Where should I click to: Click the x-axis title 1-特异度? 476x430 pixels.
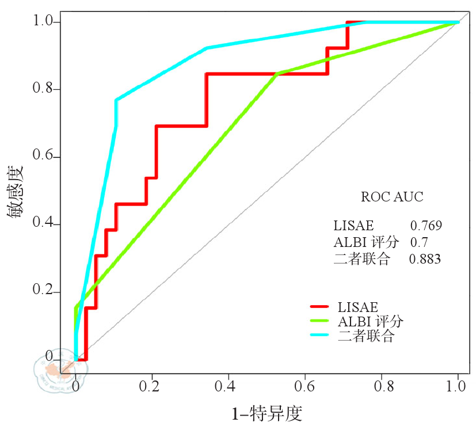(x=266, y=413)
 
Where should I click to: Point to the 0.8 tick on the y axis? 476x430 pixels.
(x=44, y=89)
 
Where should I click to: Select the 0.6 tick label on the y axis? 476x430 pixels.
(x=44, y=157)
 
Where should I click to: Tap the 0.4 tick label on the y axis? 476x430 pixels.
(x=44, y=224)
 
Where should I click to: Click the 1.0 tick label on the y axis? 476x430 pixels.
(x=44, y=22)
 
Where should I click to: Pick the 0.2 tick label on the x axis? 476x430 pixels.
(x=153, y=384)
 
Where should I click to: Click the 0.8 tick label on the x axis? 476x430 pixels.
(x=382, y=384)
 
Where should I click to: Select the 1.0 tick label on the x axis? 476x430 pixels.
(x=458, y=384)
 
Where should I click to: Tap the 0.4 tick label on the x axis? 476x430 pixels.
(x=229, y=384)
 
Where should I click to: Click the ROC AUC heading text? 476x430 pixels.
(x=392, y=197)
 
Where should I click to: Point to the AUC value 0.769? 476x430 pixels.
(x=426, y=225)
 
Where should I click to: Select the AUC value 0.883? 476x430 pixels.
(x=425, y=259)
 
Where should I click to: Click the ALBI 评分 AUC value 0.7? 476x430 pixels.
(x=418, y=242)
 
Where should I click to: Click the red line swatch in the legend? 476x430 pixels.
(x=319, y=307)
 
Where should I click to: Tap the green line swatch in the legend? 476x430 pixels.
(x=319, y=321)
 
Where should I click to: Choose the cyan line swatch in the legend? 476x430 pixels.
(x=319, y=336)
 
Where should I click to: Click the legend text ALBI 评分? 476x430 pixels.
(x=370, y=321)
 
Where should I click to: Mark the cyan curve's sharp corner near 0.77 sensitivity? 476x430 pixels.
(x=116, y=100)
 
